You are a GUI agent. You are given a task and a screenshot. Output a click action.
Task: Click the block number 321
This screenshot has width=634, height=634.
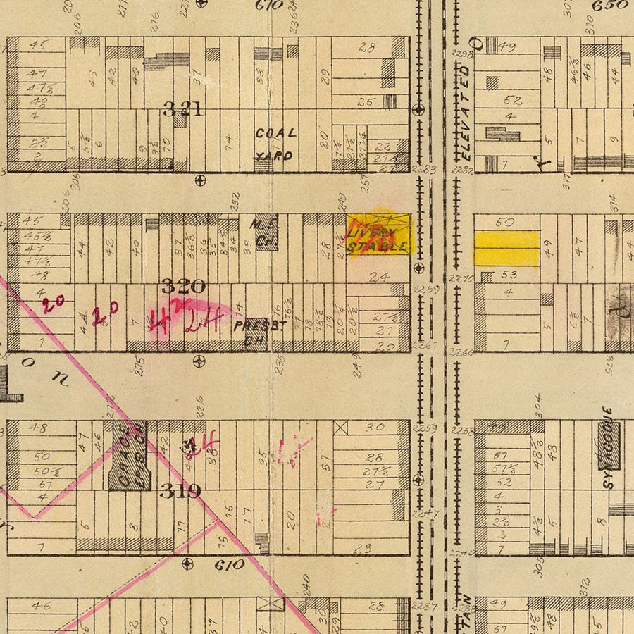click(182, 109)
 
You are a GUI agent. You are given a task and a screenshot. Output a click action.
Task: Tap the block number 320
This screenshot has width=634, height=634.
click(183, 286)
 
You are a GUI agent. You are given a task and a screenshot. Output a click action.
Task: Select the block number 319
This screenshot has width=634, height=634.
click(180, 491)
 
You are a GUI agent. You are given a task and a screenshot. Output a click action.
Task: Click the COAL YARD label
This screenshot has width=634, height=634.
click(275, 144)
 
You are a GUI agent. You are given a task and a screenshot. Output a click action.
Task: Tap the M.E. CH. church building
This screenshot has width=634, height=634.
click(266, 232)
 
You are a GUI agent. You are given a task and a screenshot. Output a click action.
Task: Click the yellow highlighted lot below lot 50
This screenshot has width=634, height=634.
click(506, 249)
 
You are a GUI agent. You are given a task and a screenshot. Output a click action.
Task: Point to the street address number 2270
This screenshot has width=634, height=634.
click(461, 279)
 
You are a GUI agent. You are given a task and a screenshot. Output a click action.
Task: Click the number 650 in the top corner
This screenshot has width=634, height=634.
click(609, 6)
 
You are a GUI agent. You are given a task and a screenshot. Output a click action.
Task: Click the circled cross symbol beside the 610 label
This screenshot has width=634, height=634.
click(187, 564)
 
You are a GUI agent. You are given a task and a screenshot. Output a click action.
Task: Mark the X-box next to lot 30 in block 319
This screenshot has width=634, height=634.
click(342, 427)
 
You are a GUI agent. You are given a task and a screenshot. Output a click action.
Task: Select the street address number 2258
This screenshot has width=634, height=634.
click(462, 430)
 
